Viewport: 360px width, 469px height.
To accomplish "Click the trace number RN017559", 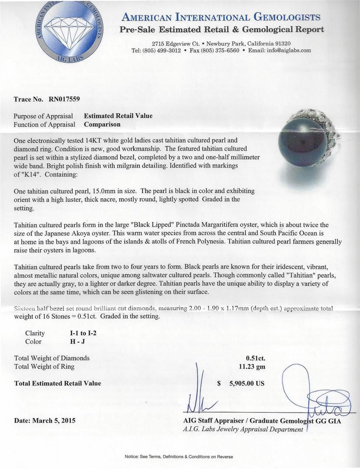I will [64, 99].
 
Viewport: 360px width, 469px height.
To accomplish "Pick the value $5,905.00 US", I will [241, 383].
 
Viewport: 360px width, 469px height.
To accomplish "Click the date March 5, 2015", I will [45, 420].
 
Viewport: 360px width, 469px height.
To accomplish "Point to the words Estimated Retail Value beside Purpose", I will [118, 116].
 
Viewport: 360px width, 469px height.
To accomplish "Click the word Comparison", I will [102, 124].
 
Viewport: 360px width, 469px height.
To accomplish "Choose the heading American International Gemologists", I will [221, 18].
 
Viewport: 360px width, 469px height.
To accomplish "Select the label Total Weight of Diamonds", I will [52, 358].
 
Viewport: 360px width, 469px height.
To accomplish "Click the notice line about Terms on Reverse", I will [179, 457].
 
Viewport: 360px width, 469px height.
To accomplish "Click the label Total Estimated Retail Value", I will [57, 383].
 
